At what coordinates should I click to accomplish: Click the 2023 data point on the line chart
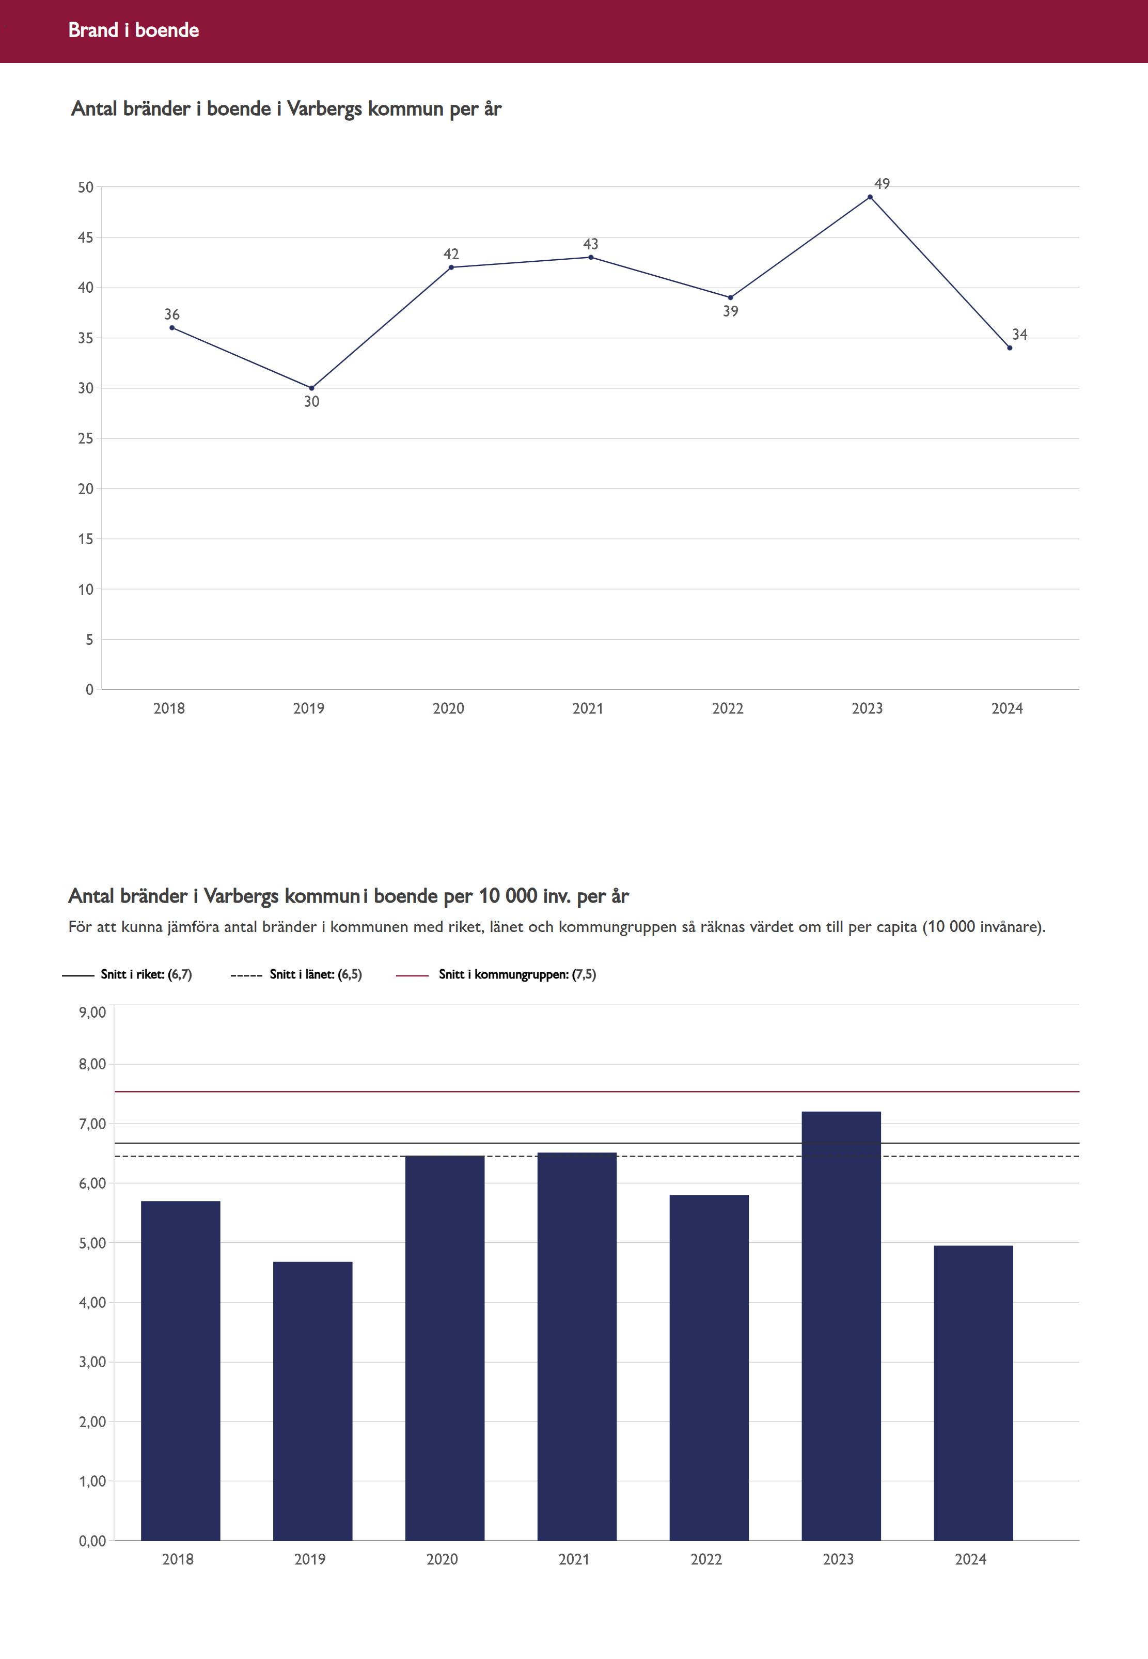tap(870, 197)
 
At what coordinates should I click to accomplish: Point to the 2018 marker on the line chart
tap(172, 328)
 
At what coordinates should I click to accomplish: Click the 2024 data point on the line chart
tap(1009, 348)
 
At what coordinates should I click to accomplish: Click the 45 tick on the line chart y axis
tap(86, 238)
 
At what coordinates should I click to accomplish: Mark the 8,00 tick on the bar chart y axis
tap(92, 1064)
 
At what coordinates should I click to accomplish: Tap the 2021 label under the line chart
tap(588, 709)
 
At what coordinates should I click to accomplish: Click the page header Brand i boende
tap(134, 30)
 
